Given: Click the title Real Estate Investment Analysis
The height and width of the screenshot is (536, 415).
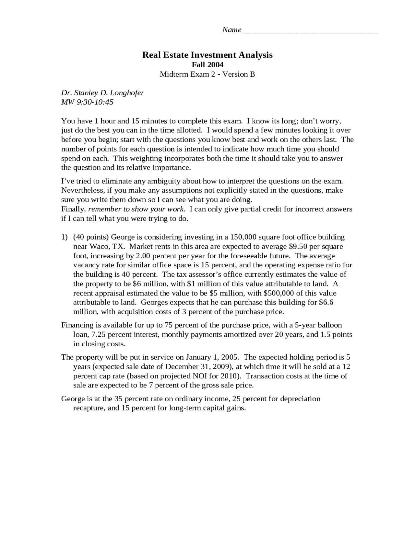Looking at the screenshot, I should click(207, 55).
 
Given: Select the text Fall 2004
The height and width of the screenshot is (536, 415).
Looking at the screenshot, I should click(207, 65).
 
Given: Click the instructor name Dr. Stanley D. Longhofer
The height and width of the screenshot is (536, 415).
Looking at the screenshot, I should click(102, 93).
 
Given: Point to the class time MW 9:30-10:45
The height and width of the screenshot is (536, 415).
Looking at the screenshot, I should click(87, 102).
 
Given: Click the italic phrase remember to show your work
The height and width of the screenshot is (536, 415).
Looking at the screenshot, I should click(136, 209).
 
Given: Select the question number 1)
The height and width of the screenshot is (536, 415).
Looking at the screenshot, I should click(65, 237).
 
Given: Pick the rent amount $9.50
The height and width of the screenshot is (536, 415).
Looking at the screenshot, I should click(298, 247).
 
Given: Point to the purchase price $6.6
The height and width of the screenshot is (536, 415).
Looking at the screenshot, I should click(326, 303).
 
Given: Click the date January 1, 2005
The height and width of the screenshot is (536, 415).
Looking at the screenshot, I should click(212, 357).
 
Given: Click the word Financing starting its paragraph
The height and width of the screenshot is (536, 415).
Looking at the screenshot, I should click(77, 325).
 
